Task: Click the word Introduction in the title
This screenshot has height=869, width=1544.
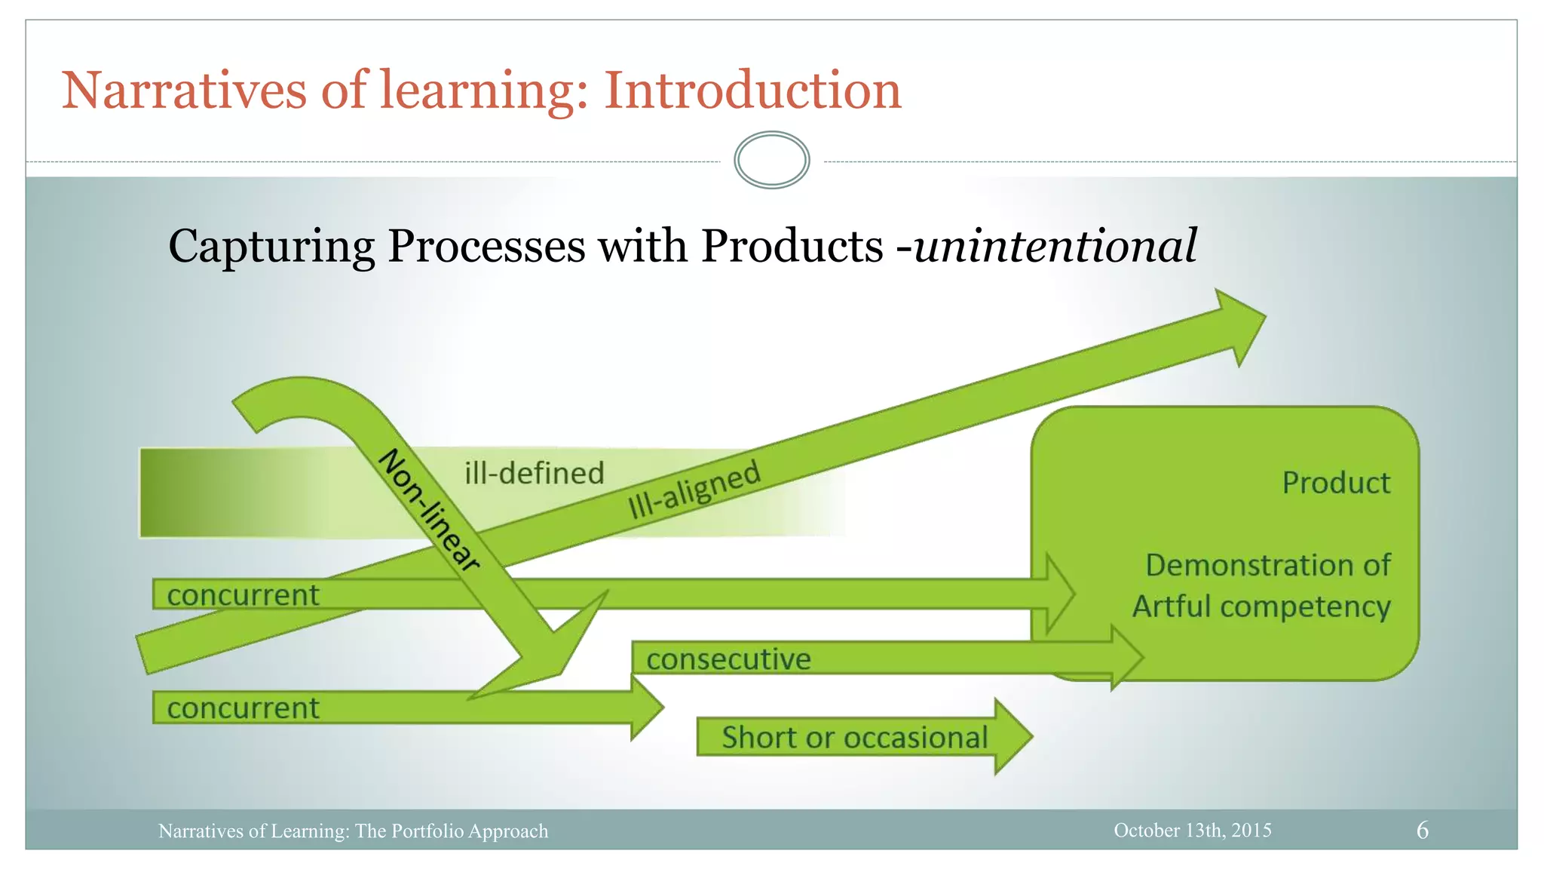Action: click(752, 91)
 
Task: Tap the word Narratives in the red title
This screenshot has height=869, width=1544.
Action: click(184, 91)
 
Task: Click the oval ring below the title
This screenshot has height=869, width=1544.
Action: click(771, 160)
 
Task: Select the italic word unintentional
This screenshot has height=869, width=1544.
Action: click(1055, 246)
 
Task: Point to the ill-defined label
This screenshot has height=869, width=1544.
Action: click(534, 474)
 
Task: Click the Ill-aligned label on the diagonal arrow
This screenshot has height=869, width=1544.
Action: click(694, 490)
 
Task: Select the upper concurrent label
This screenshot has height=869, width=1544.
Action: click(243, 595)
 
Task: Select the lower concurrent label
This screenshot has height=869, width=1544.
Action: click(243, 708)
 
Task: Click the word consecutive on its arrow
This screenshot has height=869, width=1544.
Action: click(728, 659)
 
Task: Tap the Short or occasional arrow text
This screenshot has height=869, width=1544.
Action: click(854, 738)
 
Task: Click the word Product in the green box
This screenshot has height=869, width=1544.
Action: click(1336, 483)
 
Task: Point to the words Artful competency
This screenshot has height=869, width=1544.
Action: click(1261, 606)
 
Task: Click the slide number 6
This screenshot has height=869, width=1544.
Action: click(1422, 831)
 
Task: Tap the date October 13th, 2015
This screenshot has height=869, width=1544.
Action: click(1192, 831)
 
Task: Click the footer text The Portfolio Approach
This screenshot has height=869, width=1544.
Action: click(452, 831)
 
